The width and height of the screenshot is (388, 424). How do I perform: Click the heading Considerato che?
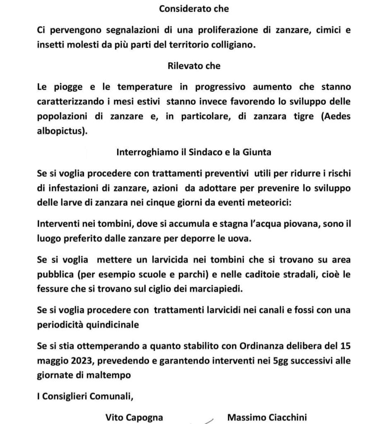tap(194, 9)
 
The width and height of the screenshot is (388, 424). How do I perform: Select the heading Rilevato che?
tap(194, 65)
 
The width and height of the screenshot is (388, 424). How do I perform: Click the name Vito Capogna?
tap(134, 417)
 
